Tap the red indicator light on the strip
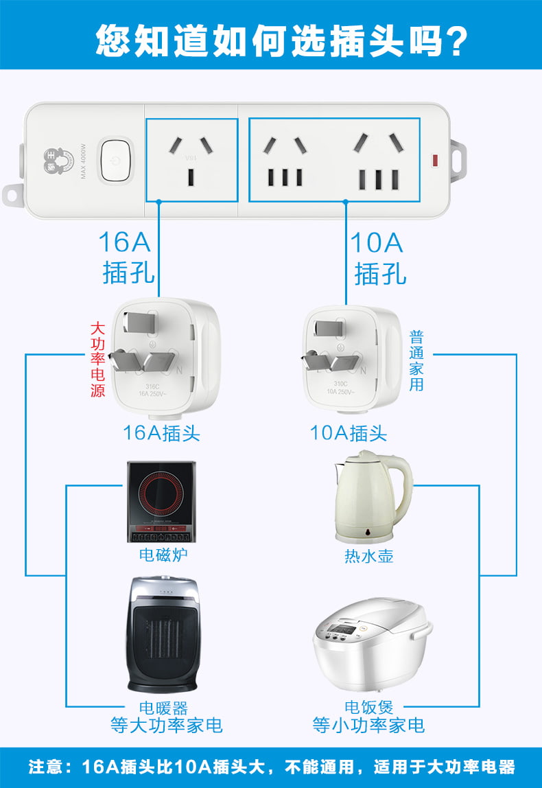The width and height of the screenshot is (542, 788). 434,162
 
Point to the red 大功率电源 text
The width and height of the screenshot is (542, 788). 98,360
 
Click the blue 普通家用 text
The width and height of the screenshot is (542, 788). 416,361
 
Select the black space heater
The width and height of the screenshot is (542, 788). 163,634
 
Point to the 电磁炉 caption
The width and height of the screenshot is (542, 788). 163,555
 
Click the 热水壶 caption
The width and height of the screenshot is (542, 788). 369,556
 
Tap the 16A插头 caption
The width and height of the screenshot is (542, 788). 162,433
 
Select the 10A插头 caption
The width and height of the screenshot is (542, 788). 349,433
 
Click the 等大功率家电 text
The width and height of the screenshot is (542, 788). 167,726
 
